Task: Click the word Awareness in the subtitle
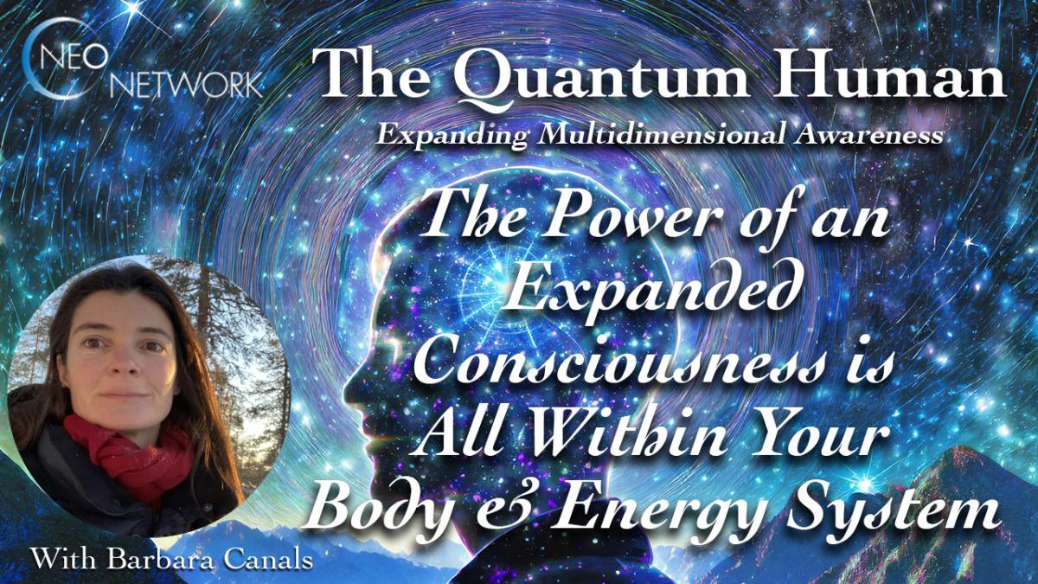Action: pos(865,136)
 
